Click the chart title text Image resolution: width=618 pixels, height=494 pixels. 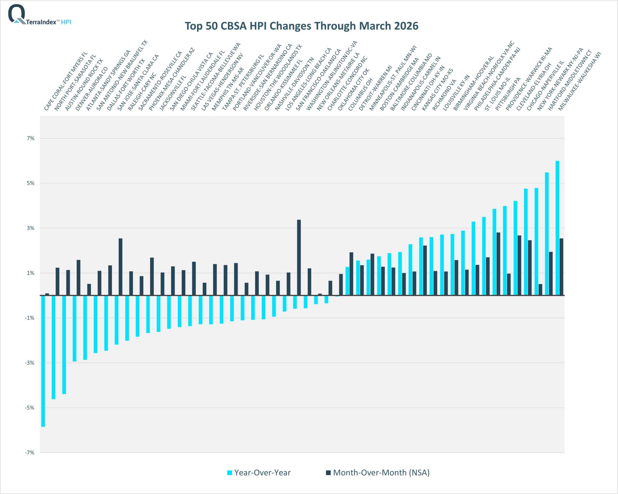pyautogui.click(x=301, y=26)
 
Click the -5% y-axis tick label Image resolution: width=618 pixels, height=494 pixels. pyautogui.click(x=29, y=408)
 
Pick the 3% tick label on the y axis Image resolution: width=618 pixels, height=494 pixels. pyautogui.click(x=30, y=228)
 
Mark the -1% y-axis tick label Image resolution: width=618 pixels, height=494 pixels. pyautogui.click(x=29, y=318)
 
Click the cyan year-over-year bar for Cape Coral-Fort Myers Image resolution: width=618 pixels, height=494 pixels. pyautogui.click(x=43, y=361)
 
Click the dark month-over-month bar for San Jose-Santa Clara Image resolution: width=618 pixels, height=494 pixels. pyautogui.click(x=120, y=267)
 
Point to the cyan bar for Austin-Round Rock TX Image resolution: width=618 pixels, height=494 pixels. pyautogui.click(x=64, y=344)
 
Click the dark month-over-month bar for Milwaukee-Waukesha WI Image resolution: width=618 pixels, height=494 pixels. pyautogui.click(x=561, y=267)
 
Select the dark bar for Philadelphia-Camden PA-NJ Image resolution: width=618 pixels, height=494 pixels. pyautogui.click(x=498, y=264)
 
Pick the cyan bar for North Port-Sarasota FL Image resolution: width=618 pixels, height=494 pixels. pyautogui.click(x=54, y=347)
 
